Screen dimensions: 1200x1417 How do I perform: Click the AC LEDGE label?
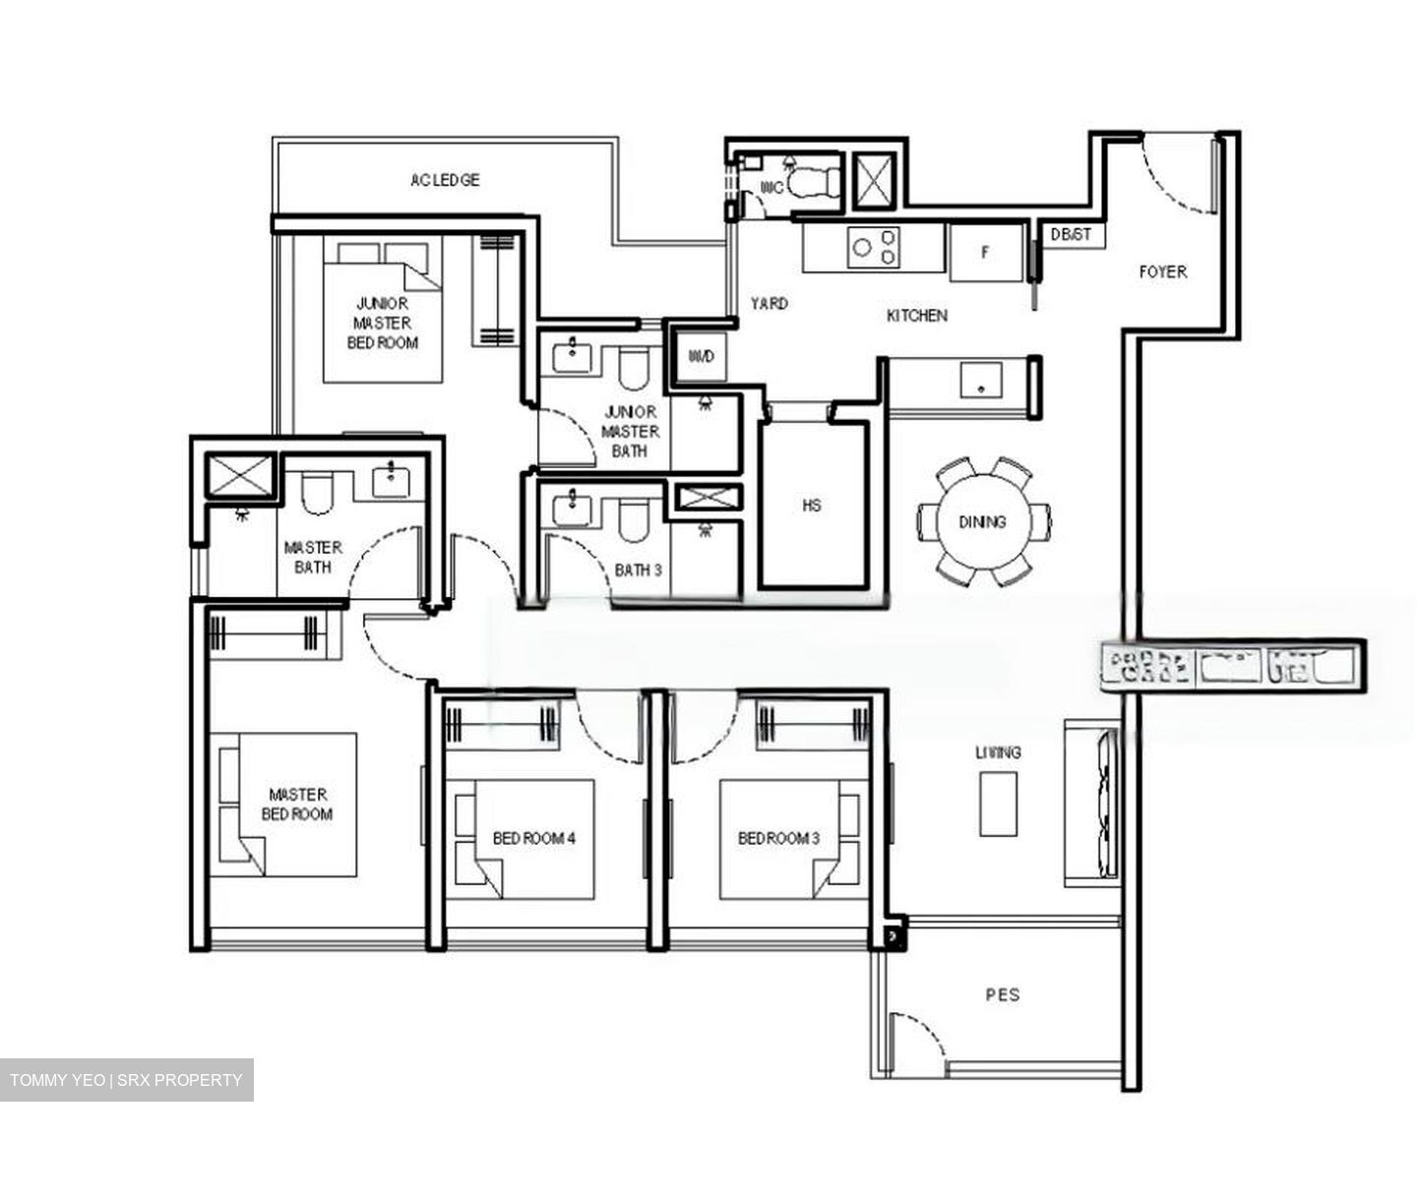click(445, 180)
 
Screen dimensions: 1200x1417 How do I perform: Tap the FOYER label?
click(1162, 271)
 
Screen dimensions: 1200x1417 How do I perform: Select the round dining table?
click(982, 521)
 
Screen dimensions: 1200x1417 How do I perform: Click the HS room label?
click(812, 506)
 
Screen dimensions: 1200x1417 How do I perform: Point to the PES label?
click(1003, 994)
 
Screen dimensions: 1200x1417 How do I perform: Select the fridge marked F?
click(984, 252)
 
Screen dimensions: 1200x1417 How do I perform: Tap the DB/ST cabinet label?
click(1071, 235)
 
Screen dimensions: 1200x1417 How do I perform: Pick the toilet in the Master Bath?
click(318, 493)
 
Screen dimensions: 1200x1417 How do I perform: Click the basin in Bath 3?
click(572, 510)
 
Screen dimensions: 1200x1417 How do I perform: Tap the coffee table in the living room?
click(998, 803)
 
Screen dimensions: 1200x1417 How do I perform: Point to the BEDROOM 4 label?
click(533, 838)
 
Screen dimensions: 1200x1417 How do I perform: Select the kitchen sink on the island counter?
click(981, 380)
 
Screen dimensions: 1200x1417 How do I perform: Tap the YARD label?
click(769, 304)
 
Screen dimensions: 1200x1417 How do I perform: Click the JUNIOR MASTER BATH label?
click(630, 431)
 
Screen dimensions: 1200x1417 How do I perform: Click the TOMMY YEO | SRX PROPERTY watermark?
click(126, 1080)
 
